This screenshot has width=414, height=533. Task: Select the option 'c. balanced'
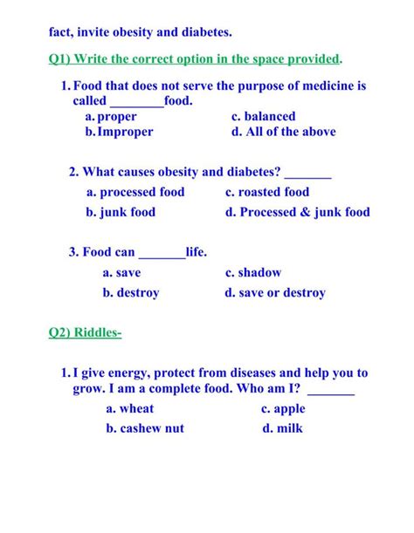pyautogui.click(x=263, y=116)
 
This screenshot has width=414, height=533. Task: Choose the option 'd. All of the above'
pyautogui.click(x=283, y=132)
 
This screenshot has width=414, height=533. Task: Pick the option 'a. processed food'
pyautogui.click(x=135, y=192)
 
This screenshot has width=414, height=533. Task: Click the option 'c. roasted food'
pyautogui.click(x=267, y=192)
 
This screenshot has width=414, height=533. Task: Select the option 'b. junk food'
pyautogui.click(x=121, y=212)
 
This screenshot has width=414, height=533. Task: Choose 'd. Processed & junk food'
pyautogui.click(x=297, y=212)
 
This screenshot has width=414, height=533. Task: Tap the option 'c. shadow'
pyautogui.click(x=253, y=273)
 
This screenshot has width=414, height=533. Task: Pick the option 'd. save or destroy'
pyautogui.click(x=275, y=293)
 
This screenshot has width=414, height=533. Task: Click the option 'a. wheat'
pyautogui.click(x=129, y=408)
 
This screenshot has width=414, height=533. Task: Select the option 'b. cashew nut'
pyautogui.click(x=145, y=428)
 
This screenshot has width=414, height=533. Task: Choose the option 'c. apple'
pyautogui.click(x=283, y=408)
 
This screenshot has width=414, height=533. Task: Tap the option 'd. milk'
pyautogui.click(x=282, y=428)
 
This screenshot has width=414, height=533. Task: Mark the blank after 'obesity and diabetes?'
pyautogui.click(x=307, y=172)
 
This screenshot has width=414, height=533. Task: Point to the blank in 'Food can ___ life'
pyautogui.click(x=162, y=253)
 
